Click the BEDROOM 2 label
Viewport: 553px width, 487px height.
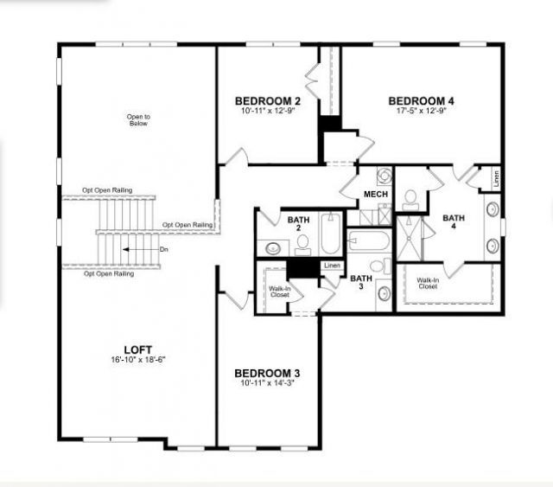(x=268, y=100)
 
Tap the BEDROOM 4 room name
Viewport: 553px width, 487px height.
(x=421, y=100)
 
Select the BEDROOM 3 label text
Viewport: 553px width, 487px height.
(x=268, y=373)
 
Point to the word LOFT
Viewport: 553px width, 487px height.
(x=138, y=349)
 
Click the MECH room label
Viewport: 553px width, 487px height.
(x=375, y=195)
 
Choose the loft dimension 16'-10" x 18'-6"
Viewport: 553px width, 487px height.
(x=138, y=360)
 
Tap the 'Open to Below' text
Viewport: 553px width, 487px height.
(x=138, y=119)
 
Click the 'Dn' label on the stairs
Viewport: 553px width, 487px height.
(x=164, y=249)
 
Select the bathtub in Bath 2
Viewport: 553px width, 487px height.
(x=331, y=234)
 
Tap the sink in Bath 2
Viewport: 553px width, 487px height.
(x=273, y=247)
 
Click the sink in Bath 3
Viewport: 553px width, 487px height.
(x=384, y=293)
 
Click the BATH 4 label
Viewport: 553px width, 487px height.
(x=452, y=223)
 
